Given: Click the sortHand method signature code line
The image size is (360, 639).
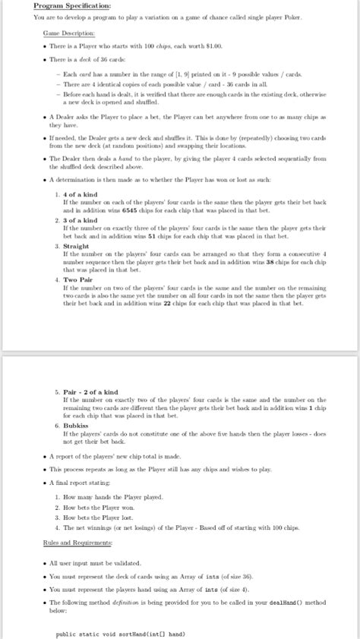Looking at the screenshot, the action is click(x=122, y=634).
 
